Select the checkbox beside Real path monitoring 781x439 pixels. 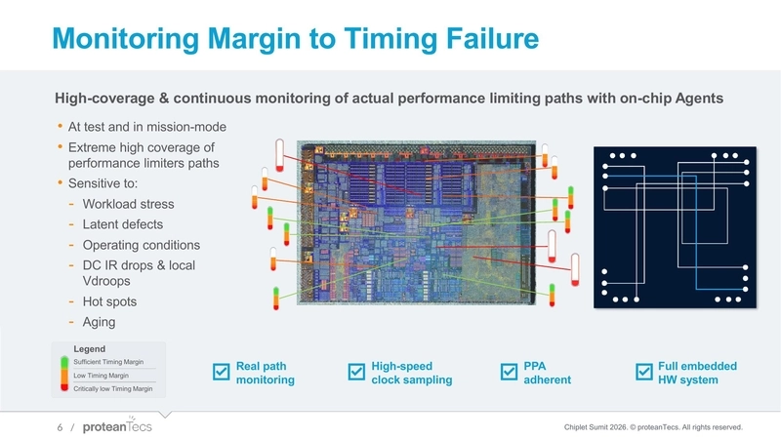pyautogui.click(x=221, y=373)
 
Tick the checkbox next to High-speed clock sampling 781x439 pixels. pyautogui.click(x=356, y=373)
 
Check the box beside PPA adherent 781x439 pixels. pyautogui.click(x=509, y=373)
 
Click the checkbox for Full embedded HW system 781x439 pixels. pyautogui.click(x=643, y=373)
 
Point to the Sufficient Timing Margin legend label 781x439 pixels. pyautogui.click(x=102, y=363)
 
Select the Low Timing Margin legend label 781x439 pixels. pyautogui.click(x=94, y=376)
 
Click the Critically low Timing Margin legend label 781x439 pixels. pyautogui.click(x=106, y=388)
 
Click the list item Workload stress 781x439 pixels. pyautogui.click(x=128, y=205)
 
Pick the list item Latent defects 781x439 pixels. pyautogui.click(x=122, y=225)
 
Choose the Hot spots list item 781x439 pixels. pyautogui.click(x=109, y=302)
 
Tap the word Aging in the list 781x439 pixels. pyautogui.click(x=100, y=323)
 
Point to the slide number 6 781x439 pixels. pyautogui.click(x=60, y=427)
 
